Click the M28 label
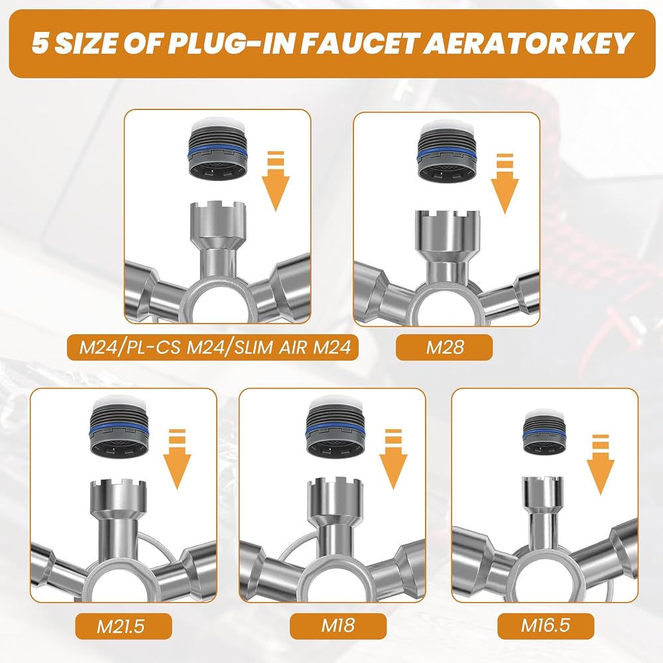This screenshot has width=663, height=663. click(444, 347)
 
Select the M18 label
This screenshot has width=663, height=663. click(338, 625)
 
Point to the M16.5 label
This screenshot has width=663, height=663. click(546, 625)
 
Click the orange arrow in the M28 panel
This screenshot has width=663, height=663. click(505, 183)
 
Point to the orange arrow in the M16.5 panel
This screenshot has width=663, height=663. click(601, 464)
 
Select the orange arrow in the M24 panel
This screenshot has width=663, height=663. click(276, 180)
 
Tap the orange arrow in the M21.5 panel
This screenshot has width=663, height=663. click(177, 459)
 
